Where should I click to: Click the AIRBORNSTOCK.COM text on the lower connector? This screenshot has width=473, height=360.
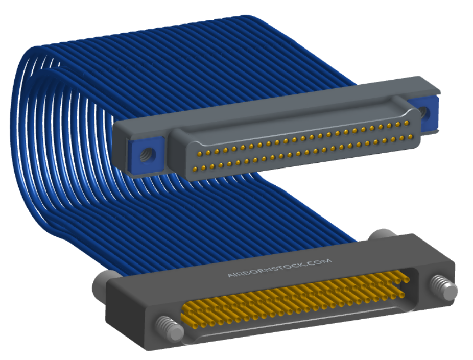click(x=279, y=268)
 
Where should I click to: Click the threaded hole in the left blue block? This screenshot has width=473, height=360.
click(x=148, y=154)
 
